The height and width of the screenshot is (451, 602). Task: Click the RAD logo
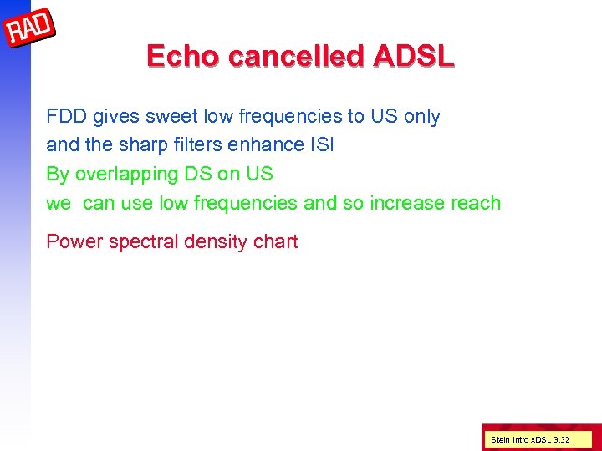30,30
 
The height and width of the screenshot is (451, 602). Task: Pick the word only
421,116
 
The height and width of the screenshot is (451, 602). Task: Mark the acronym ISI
322,144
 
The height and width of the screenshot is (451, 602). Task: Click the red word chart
277,242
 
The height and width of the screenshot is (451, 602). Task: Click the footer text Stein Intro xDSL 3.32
529,438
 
